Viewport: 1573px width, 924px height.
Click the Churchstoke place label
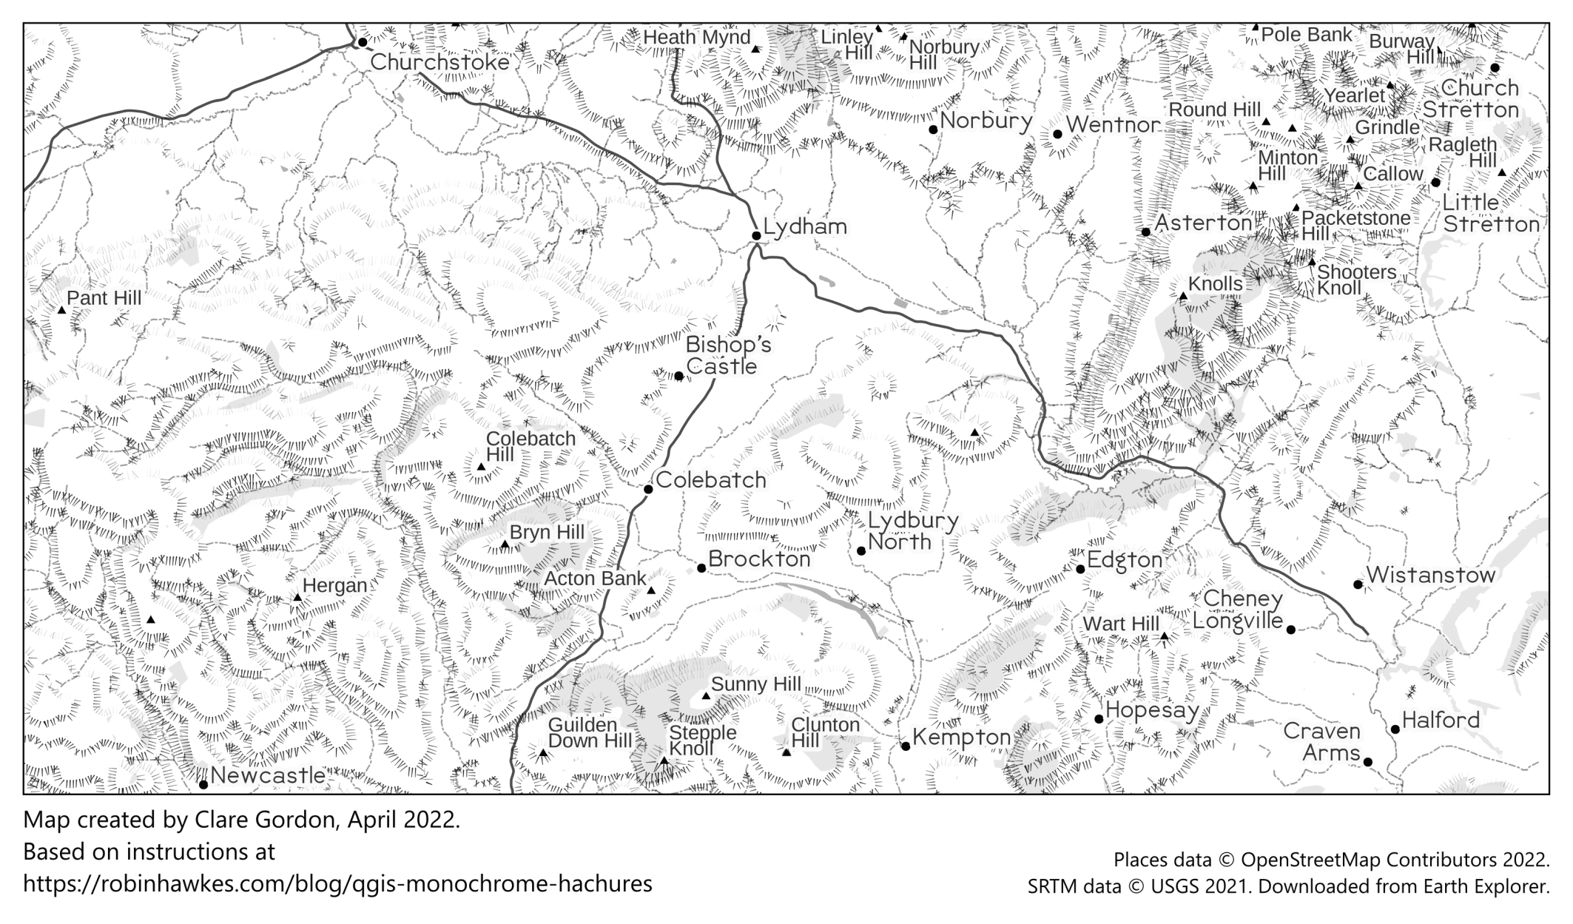coord(439,62)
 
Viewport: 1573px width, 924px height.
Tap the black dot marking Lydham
coord(756,236)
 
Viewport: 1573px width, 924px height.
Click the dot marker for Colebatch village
coord(648,489)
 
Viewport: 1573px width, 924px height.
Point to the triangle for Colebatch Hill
coord(481,467)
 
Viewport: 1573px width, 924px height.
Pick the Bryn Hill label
coord(547,533)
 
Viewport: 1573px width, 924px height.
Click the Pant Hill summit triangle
coord(62,310)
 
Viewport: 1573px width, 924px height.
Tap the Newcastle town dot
coord(203,784)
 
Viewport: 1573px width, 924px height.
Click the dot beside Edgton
coord(1080,569)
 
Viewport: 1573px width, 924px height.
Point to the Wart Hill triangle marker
coord(1164,636)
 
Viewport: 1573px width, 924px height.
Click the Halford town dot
coord(1395,729)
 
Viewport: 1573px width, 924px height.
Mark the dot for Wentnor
coord(1058,134)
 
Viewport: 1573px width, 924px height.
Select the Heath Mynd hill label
coord(696,38)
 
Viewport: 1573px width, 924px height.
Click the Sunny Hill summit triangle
coord(706,696)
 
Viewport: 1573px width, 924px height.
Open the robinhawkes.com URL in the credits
coord(337,883)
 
